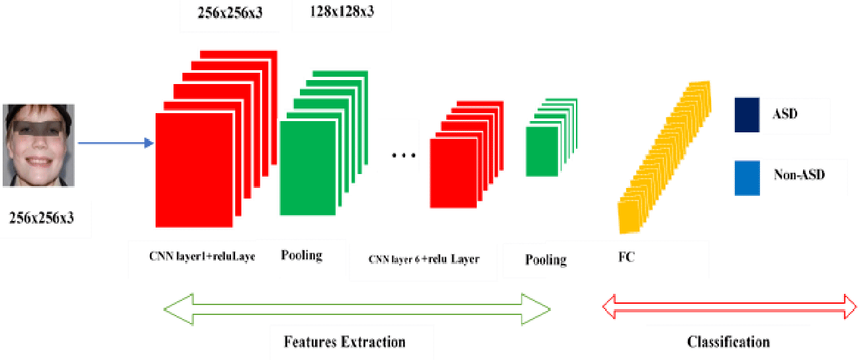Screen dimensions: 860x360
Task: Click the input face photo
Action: [38, 146]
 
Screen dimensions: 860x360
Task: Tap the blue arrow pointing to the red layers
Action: [116, 143]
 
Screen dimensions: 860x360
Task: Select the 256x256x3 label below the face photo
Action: [42, 218]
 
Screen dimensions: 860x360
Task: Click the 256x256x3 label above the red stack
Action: [230, 13]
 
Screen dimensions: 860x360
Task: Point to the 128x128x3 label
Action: [342, 11]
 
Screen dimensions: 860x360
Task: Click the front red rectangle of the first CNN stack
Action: [194, 170]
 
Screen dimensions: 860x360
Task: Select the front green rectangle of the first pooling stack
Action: [308, 168]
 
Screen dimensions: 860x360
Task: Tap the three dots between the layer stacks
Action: [403, 156]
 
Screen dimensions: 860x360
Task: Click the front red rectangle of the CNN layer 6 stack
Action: [454, 173]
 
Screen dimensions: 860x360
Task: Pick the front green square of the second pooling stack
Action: [542, 152]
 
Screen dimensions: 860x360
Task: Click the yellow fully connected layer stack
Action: [665, 157]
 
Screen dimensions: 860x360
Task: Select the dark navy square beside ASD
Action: [747, 114]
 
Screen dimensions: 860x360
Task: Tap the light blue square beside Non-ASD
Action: [747, 178]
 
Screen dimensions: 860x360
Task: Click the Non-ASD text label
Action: [799, 175]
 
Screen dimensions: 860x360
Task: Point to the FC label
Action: [626, 257]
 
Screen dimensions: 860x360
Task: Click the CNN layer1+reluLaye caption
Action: [203, 256]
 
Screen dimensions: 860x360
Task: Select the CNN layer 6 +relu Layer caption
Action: [424, 259]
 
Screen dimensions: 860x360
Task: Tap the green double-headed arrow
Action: [357, 309]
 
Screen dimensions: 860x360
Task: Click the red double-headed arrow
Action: [729, 306]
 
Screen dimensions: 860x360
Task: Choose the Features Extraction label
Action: [344, 342]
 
